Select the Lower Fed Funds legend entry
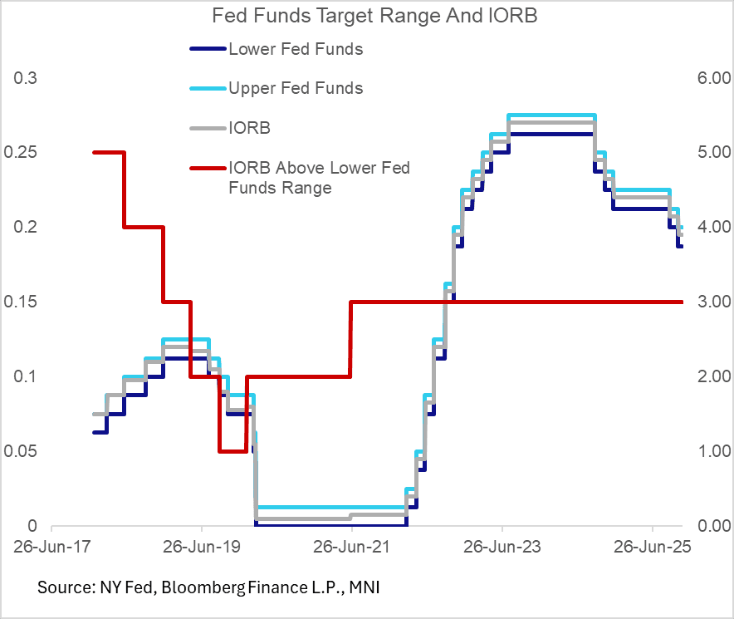[x=296, y=49]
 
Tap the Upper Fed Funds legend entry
[x=296, y=88]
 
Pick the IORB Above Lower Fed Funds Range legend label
[x=319, y=178]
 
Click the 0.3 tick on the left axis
[x=26, y=78]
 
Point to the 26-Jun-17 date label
[x=51, y=548]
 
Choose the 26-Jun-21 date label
[x=352, y=548]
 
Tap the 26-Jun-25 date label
[x=653, y=548]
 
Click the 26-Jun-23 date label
[x=502, y=548]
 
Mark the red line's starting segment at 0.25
[x=108, y=152]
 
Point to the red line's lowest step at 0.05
[x=232, y=451]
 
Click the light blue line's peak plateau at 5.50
[x=551, y=115]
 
